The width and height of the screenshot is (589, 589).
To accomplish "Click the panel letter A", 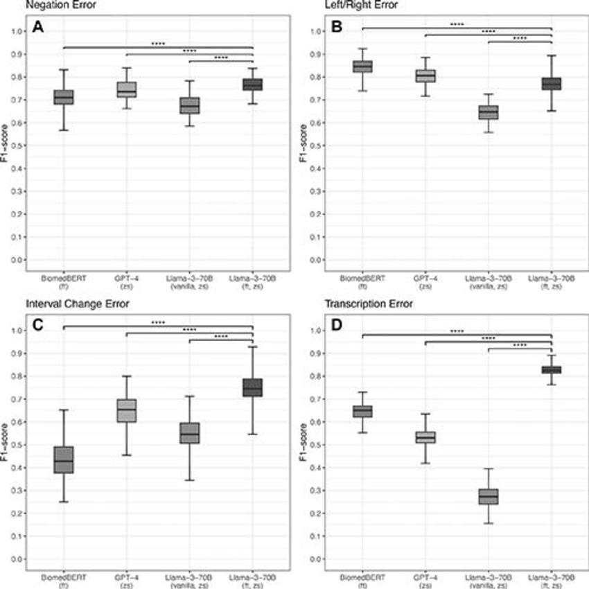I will click(38, 28).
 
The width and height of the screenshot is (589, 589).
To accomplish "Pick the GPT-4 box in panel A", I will click(127, 89).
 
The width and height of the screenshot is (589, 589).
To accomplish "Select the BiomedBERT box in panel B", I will click(362, 66).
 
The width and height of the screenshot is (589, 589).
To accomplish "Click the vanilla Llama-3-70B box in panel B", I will click(489, 112).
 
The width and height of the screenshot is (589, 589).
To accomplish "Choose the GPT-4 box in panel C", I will click(127, 410).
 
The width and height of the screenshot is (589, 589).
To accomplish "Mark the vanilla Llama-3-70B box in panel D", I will click(489, 497).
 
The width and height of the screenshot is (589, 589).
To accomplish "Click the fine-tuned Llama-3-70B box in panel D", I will click(552, 369).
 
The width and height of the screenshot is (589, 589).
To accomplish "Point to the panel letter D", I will click(337, 326).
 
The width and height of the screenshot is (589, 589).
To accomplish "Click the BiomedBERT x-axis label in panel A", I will click(64, 281).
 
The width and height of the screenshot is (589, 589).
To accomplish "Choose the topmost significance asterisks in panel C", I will click(159, 321).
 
